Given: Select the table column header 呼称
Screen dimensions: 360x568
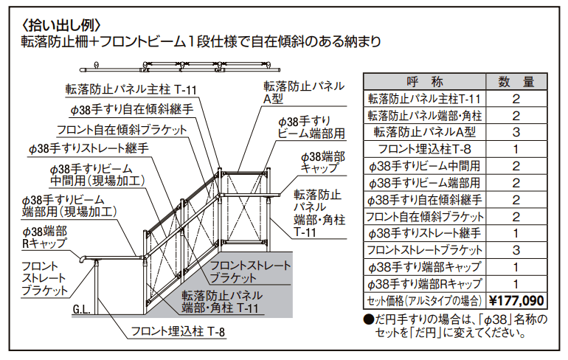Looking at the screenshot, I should pyautogui.click(x=424, y=81).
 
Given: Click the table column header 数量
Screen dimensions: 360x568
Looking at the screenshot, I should pyautogui.click(x=516, y=81).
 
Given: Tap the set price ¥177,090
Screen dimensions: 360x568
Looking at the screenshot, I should pyautogui.click(x=516, y=301).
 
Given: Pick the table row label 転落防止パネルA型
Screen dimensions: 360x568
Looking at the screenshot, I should pyautogui.click(x=424, y=132).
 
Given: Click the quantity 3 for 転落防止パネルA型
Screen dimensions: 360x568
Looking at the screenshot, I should pyautogui.click(x=516, y=132).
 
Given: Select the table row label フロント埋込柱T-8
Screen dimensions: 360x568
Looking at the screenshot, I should pyautogui.click(x=424, y=149).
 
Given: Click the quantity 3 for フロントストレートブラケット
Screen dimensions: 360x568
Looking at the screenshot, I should pyautogui.click(x=516, y=250).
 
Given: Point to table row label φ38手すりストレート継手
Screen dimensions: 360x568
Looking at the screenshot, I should pyautogui.click(x=424, y=233).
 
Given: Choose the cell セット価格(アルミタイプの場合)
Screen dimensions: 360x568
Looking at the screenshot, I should pyautogui.click(x=424, y=301).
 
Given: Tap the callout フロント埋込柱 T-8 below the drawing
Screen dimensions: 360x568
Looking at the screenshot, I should pyautogui.click(x=178, y=331).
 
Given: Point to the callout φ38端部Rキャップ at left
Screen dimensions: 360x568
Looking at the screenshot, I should pyautogui.click(x=45, y=237).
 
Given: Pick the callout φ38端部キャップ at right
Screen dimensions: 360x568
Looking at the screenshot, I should pyautogui.click(x=324, y=163).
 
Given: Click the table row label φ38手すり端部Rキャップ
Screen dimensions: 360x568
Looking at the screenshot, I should pyautogui.click(x=424, y=284).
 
